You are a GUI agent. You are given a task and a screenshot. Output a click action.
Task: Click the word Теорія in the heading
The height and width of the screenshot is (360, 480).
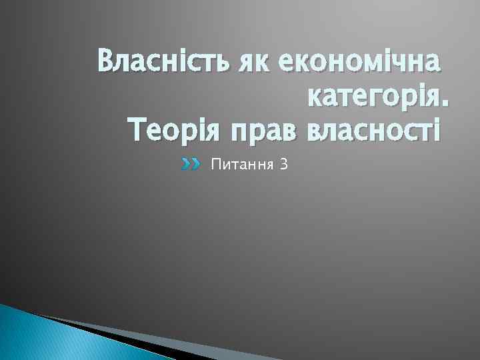[x=175, y=129]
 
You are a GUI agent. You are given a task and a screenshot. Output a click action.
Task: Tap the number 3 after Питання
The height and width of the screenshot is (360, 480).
[x=284, y=164]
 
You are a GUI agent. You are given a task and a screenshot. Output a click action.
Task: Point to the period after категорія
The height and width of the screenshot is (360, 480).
[x=446, y=105]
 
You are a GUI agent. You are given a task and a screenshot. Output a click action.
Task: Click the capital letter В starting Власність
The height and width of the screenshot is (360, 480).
[x=105, y=65]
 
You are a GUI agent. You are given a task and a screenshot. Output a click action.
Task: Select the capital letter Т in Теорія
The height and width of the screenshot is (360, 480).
[x=135, y=129]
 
